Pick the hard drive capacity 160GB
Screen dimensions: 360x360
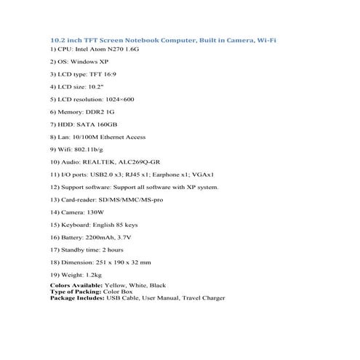tap(108, 124)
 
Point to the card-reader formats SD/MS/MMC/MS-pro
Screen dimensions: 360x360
tap(136, 200)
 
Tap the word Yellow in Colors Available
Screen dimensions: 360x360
tap(117, 285)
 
